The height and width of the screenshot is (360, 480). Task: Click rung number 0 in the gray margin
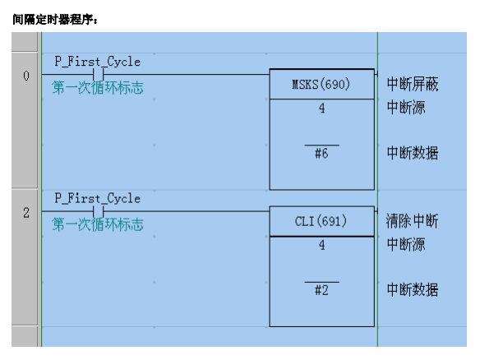click(26, 76)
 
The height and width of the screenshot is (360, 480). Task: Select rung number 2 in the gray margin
click(26, 213)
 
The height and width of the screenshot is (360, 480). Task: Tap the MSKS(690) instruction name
click(321, 84)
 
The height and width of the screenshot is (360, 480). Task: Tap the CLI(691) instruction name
click(321, 221)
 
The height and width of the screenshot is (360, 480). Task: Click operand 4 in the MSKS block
click(321, 108)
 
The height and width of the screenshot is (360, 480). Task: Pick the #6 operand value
click(321, 153)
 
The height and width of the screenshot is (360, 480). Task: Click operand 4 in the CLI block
click(321, 245)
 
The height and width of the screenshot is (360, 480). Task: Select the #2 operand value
click(321, 290)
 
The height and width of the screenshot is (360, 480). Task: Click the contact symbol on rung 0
click(99, 75)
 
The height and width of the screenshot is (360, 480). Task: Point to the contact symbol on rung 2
click(99, 211)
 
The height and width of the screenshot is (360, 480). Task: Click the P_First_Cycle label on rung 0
click(98, 62)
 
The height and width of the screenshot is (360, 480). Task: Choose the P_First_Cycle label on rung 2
click(98, 198)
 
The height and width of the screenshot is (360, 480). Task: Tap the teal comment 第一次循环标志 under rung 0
click(98, 88)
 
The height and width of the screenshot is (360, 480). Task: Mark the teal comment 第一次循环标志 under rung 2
click(98, 224)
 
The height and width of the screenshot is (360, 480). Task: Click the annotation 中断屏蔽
click(413, 84)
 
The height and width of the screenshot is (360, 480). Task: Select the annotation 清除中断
click(412, 221)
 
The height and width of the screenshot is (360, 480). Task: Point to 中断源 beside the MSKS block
click(406, 108)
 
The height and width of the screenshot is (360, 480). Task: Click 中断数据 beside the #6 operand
click(413, 153)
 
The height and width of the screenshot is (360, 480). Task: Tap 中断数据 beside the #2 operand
click(413, 289)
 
